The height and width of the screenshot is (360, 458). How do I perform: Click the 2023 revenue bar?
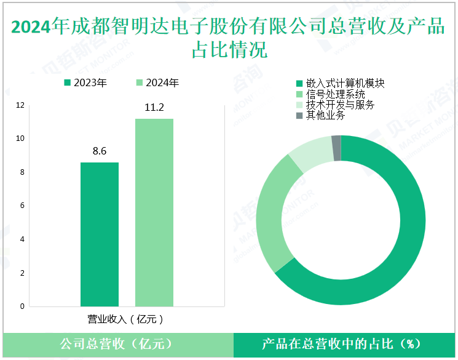100,234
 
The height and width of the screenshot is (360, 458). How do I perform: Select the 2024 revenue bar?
154,212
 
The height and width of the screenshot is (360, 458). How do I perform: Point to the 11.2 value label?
154,107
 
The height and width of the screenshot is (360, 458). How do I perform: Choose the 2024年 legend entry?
158,83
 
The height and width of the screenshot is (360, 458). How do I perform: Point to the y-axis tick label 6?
23,206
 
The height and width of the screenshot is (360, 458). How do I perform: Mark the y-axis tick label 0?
23,306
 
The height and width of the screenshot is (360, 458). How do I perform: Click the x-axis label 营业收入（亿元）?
126,319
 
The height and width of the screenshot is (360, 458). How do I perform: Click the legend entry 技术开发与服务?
335,105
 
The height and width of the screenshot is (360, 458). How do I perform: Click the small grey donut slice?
336,148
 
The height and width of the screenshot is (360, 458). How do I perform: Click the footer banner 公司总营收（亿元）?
116,344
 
